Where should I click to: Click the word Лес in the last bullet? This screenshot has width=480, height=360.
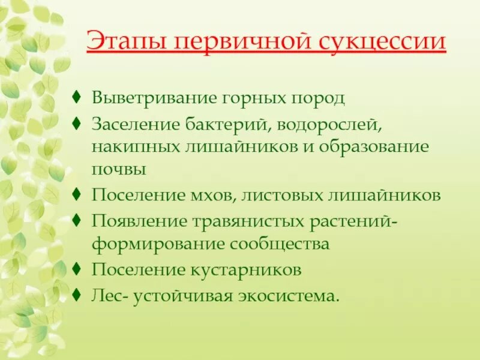(106, 296)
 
